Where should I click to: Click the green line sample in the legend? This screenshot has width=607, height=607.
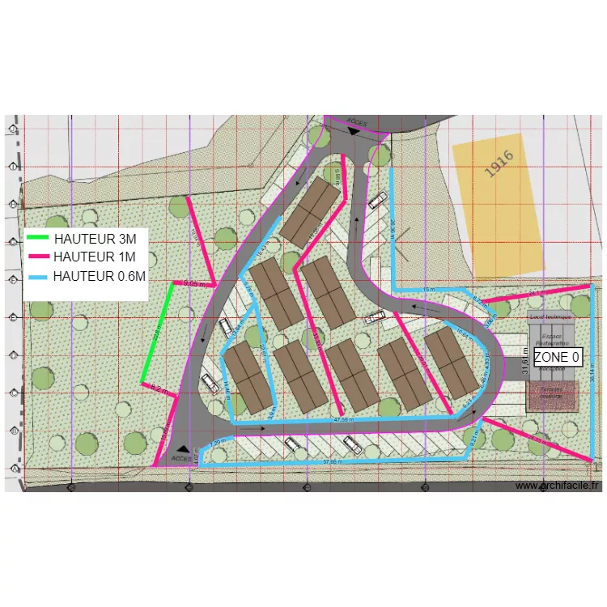tap(38, 239)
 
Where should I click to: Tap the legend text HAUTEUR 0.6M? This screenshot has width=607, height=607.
tap(100, 276)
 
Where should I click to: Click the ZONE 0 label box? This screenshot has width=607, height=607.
tap(557, 357)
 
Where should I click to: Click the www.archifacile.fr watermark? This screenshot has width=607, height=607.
tap(558, 486)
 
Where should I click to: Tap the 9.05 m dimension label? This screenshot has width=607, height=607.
tap(194, 283)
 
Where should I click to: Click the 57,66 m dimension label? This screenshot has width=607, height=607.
tap(332, 461)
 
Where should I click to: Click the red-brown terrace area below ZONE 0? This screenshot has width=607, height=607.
tap(552, 395)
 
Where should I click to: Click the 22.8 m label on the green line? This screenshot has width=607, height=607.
tap(161, 332)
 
